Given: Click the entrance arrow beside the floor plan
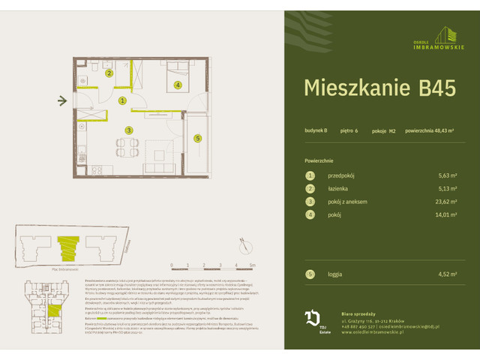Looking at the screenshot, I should tap(63, 100).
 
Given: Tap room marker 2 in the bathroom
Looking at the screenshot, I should tap(109, 73).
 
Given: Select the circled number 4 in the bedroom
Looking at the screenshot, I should tap(177, 85).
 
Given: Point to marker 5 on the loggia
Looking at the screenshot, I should tap(197, 138).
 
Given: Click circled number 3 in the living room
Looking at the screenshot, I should tap(129, 130).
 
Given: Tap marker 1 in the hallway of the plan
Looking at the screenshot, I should tap(122, 100).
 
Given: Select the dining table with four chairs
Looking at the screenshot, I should tap(121, 146).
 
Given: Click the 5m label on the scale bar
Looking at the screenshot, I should tap(253, 265).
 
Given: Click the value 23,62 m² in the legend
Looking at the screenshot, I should tap(446, 201).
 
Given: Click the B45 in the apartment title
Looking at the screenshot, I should tap(433, 88).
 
